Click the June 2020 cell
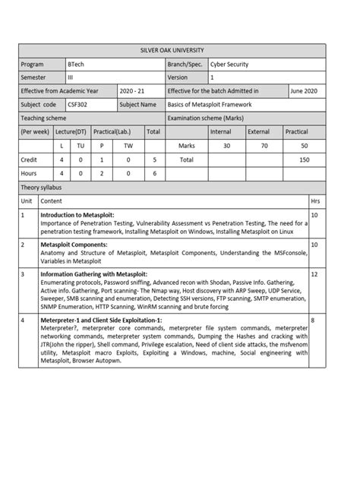click(x=305, y=90)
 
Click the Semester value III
click(x=71, y=77)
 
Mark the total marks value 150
click(x=305, y=160)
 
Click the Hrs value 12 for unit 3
click(x=314, y=273)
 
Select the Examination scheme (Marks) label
click(x=206, y=118)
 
